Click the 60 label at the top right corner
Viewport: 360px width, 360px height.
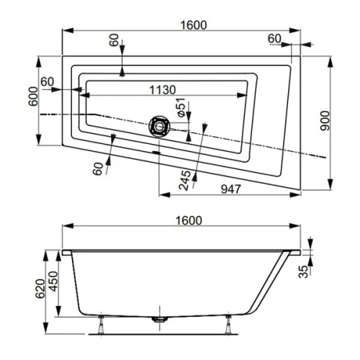coord(274,37)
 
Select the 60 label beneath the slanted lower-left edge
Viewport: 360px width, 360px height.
coord(99,168)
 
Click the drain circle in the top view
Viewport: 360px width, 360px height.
coord(158,127)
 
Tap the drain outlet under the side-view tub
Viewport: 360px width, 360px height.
coord(158,318)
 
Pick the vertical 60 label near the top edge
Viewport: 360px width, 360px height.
coord(114,40)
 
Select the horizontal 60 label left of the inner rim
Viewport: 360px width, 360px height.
coord(48,82)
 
